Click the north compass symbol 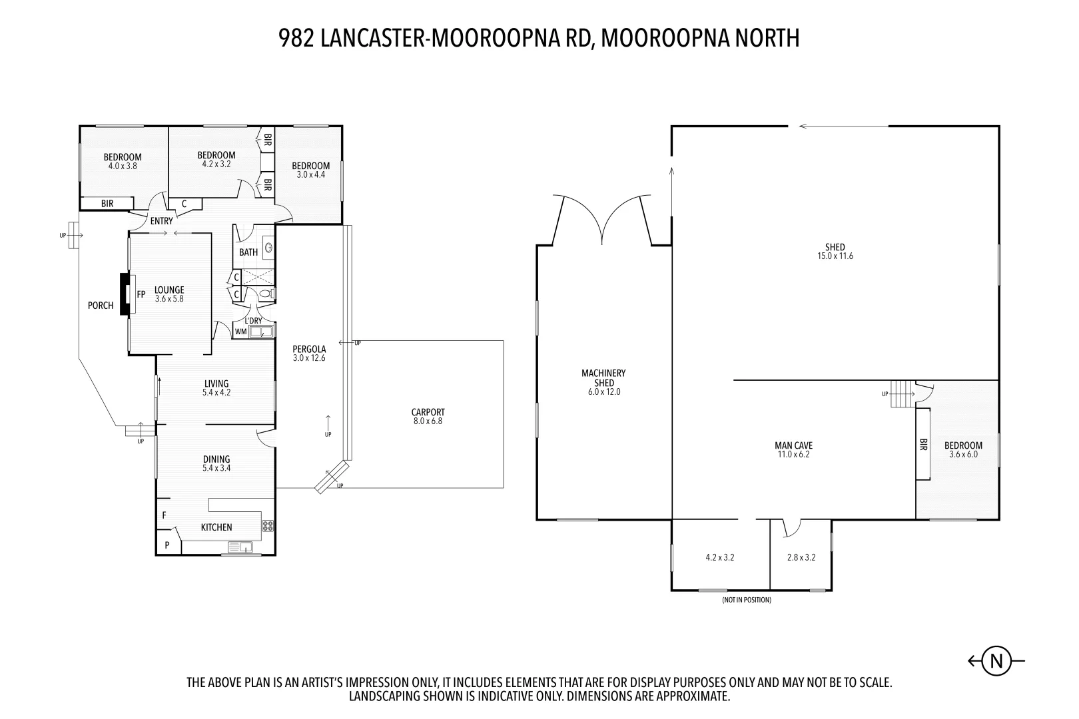[x=996, y=661]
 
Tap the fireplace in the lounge [x=125, y=294]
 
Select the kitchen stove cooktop [x=268, y=526]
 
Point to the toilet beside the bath [x=266, y=293]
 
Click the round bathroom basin [x=268, y=248]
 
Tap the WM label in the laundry [x=240, y=331]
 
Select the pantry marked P [x=167, y=545]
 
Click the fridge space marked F [x=164, y=515]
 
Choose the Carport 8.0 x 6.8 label [x=428, y=416]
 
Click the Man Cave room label [x=793, y=450]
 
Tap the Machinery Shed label [x=603, y=382]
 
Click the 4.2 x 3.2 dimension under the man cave [x=719, y=558]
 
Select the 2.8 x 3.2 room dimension [x=801, y=558]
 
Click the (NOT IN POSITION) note [x=746, y=600]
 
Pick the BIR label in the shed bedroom [x=923, y=445]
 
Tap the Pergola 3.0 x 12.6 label [x=309, y=354]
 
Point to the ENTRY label [x=162, y=221]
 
